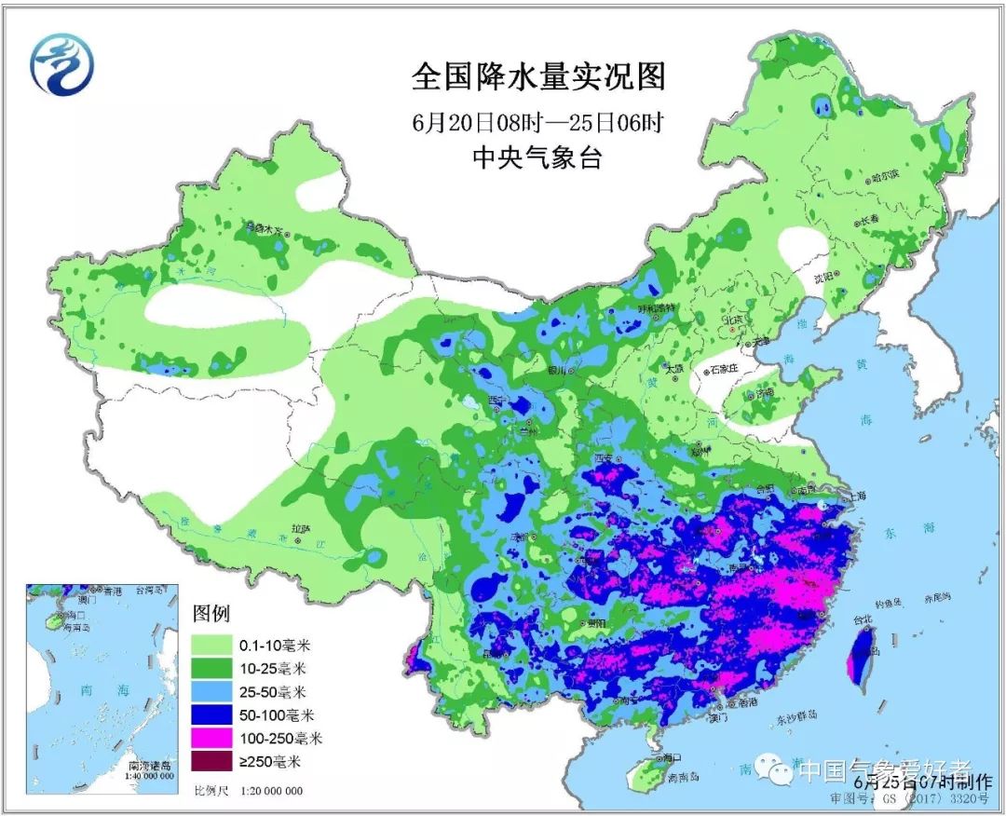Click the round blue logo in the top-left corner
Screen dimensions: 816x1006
pyautogui.click(x=61, y=64)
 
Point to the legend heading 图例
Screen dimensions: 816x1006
pyautogui.click(x=212, y=615)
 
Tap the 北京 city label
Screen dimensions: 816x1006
pyautogui.click(x=736, y=320)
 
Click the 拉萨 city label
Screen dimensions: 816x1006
pyautogui.click(x=299, y=528)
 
